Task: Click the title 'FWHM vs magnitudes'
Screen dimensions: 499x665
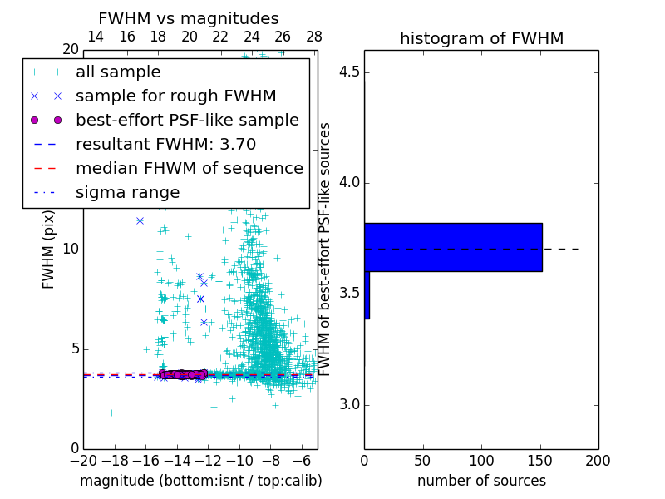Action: tap(189, 19)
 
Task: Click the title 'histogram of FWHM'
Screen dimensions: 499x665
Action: tap(482, 38)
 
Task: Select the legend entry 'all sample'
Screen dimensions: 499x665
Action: tap(118, 72)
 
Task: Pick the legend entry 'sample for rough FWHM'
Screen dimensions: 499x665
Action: tap(175, 96)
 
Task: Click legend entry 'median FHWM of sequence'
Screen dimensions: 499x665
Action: tap(189, 169)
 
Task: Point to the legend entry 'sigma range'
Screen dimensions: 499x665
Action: tap(127, 193)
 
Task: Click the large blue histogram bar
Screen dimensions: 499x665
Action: tap(453, 247)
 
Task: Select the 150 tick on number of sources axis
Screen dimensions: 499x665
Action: tap(540, 460)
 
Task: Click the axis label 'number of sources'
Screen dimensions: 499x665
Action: tap(481, 481)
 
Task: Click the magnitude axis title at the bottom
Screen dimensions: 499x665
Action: tap(200, 481)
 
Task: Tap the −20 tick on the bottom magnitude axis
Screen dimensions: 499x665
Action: tap(83, 460)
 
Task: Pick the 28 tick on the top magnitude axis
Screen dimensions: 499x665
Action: tap(314, 37)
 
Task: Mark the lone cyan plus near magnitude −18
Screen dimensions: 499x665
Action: tap(111, 413)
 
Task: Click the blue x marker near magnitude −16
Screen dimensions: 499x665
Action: tap(140, 220)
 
